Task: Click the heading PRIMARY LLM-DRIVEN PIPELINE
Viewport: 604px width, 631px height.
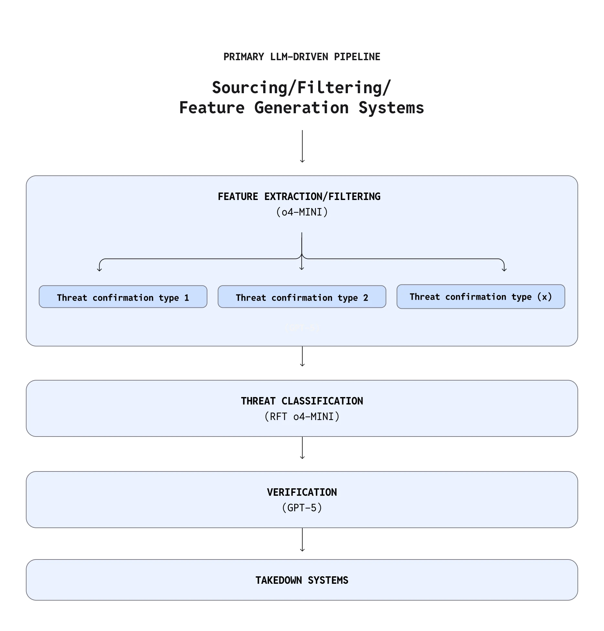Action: click(x=302, y=57)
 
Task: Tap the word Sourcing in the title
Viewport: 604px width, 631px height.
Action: click(x=249, y=88)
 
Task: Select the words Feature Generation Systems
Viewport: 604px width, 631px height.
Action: click(x=302, y=108)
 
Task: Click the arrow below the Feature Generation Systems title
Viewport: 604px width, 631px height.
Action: click(x=302, y=146)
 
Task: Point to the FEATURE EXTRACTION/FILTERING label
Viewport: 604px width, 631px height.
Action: click(x=299, y=197)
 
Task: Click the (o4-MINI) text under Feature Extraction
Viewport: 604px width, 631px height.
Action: click(x=302, y=212)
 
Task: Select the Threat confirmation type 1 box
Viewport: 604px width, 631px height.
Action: click(x=123, y=297)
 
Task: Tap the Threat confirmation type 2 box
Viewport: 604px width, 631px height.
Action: click(x=302, y=297)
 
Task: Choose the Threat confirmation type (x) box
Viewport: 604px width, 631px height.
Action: click(x=480, y=297)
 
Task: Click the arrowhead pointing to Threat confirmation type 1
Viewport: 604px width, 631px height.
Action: click(x=100, y=269)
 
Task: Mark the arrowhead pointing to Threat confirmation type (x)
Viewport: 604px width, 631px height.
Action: click(x=504, y=269)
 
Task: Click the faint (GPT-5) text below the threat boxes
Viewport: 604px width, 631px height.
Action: click(x=302, y=328)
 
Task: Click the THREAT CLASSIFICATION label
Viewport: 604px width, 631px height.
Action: click(x=302, y=401)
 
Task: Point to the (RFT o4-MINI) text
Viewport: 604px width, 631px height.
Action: click(x=302, y=417)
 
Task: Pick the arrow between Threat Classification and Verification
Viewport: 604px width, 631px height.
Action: click(x=302, y=448)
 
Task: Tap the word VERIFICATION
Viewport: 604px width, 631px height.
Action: click(x=302, y=493)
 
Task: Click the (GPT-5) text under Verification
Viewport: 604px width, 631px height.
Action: click(x=302, y=508)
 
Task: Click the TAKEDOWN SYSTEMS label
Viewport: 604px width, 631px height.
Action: click(x=302, y=581)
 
